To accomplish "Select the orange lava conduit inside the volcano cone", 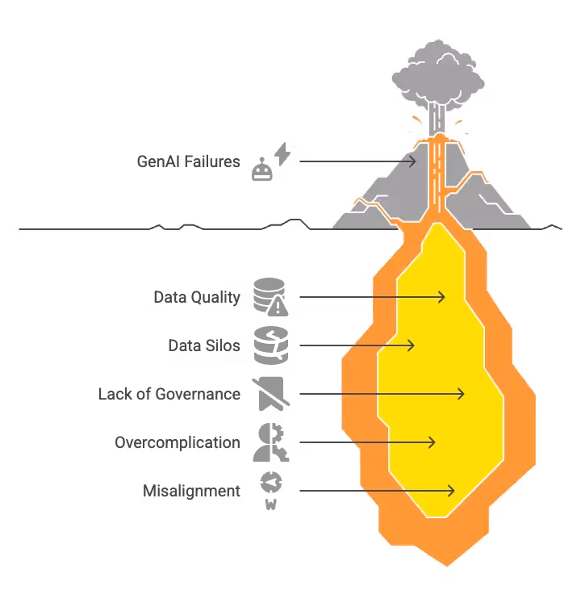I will (x=438, y=178).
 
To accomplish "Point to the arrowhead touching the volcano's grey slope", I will (x=412, y=161).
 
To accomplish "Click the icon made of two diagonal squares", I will (x=271, y=161).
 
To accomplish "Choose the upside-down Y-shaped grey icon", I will (x=270, y=442).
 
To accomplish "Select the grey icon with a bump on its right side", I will (x=270, y=393).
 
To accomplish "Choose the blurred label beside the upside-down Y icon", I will (x=177, y=442).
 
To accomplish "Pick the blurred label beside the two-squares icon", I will (x=190, y=160).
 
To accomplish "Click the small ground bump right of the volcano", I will (x=552, y=224).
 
